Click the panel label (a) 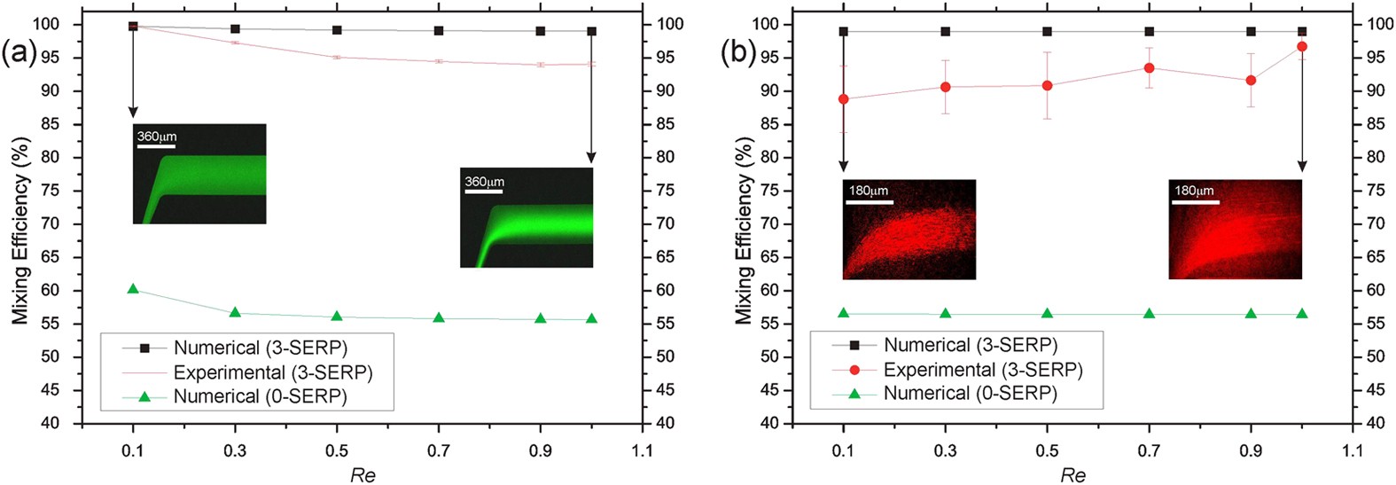[x=19, y=54]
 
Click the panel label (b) [x=737, y=54]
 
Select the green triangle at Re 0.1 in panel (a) [x=133, y=289]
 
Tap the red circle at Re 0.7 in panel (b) [x=1149, y=68]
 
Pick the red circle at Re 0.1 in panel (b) [x=843, y=99]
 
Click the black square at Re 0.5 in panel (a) [x=337, y=30]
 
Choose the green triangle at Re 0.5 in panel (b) [x=1047, y=313]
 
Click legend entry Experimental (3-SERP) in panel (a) [x=272, y=372]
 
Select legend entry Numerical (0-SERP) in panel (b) [x=970, y=393]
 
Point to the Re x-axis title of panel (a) [x=363, y=475]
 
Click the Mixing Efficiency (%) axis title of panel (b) [x=744, y=231]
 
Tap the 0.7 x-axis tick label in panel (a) [x=439, y=450]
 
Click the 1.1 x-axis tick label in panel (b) [x=1352, y=450]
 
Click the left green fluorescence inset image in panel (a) [x=199, y=174]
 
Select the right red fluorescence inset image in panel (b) [x=1235, y=230]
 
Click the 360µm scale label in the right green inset [x=484, y=182]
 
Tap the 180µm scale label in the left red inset [x=868, y=191]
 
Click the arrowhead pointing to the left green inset [x=133, y=112]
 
